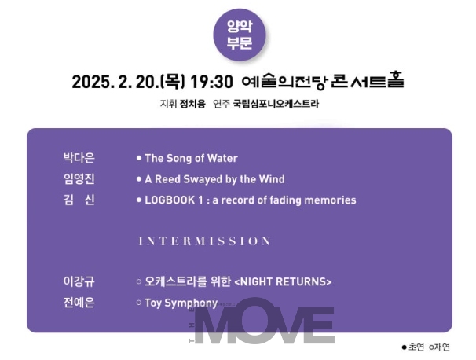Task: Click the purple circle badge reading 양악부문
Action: pos(240,35)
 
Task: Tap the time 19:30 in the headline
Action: pos(211,82)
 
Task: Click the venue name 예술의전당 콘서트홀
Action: pos(323,80)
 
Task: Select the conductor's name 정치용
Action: pos(192,104)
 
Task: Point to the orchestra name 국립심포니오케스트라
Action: pos(276,104)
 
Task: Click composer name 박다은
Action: pos(79,158)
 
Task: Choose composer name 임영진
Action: pos(79,179)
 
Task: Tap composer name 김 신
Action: pos(79,200)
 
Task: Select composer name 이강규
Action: pos(79,281)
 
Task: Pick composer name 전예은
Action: pos(79,303)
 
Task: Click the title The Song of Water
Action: pos(191,158)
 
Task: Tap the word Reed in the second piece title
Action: pos(168,179)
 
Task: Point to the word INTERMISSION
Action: pos(204,241)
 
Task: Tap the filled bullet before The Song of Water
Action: pos(139,158)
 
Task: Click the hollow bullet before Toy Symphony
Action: pos(139,303)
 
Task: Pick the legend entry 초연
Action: pos(413,347)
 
